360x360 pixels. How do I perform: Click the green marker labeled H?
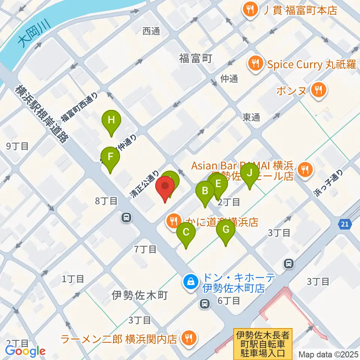pos(111,121)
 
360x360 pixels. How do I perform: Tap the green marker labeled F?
pos(110,156)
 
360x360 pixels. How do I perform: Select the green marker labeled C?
pos(186,232)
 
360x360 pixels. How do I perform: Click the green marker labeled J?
pos(250,174)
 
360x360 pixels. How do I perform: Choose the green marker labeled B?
pos(205,190)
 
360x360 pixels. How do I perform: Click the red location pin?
pos(165,186)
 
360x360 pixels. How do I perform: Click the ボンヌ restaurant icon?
pos(319,90)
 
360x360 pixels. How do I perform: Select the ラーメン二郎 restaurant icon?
pos(186,339)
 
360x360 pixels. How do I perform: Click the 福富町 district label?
pos(196,58)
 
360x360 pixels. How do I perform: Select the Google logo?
pos(25,351)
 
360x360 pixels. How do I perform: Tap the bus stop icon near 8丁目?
pos(126,217)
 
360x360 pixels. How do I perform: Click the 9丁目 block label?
pos(18,146)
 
